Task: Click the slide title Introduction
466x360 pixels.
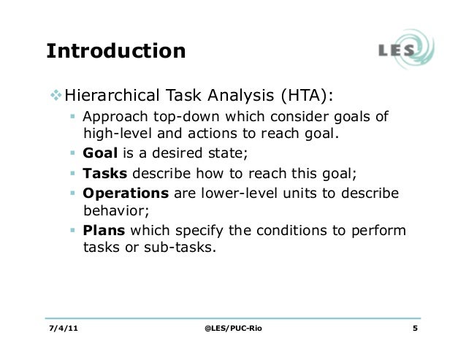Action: (116, 52)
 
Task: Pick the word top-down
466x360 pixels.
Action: (180, 118)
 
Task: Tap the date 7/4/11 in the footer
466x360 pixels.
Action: (65, 327)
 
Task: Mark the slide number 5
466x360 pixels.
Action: (415, 327)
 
